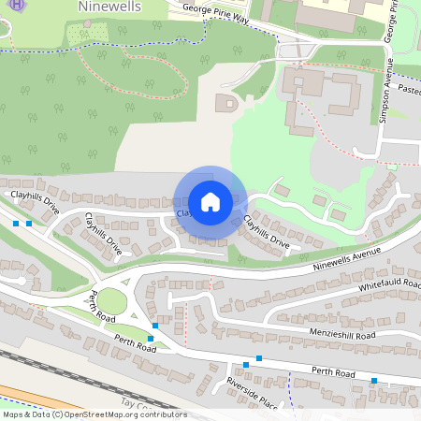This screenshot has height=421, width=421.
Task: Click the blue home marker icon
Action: tap(210, 201)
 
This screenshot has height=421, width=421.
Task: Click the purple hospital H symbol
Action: tap(7, 7)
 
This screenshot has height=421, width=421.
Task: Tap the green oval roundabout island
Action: tap(111, 301)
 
